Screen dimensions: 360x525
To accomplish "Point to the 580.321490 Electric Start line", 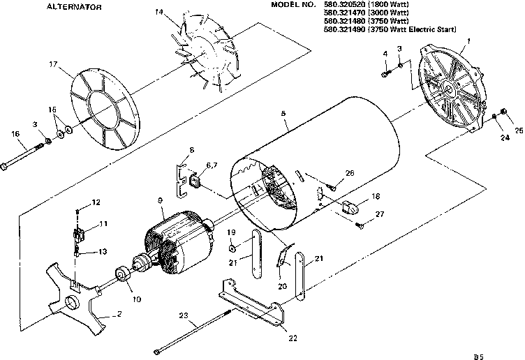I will [x=392, y=30].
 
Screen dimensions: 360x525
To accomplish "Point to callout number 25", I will [x=517, y=130].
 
